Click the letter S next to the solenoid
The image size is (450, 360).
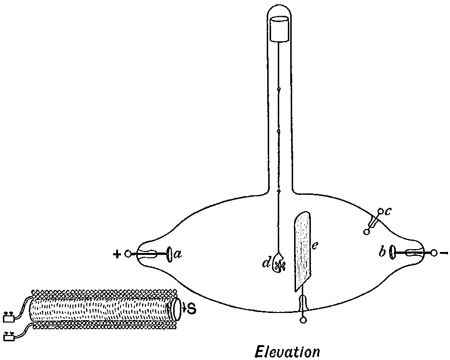(190, 309)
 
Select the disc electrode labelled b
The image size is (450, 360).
(391, 252)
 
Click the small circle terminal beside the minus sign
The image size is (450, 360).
(434, 252)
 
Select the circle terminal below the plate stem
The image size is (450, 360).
(303, 320)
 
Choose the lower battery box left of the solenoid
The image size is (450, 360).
(8, 336)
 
